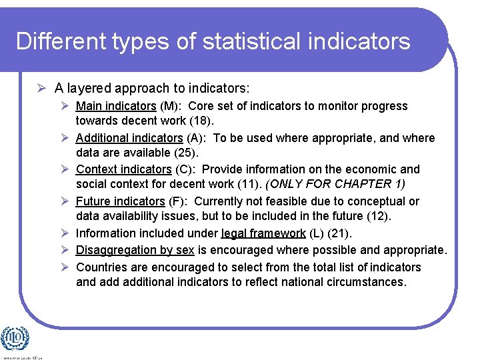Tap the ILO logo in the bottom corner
point(15,339)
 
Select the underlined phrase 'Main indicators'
point(116,106)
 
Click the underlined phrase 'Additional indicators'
point(129,138)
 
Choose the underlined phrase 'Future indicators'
point(120,201)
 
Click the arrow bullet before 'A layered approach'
point(41,87)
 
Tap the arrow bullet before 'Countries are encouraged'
point(65,267)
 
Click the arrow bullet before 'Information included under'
point(65,233)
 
